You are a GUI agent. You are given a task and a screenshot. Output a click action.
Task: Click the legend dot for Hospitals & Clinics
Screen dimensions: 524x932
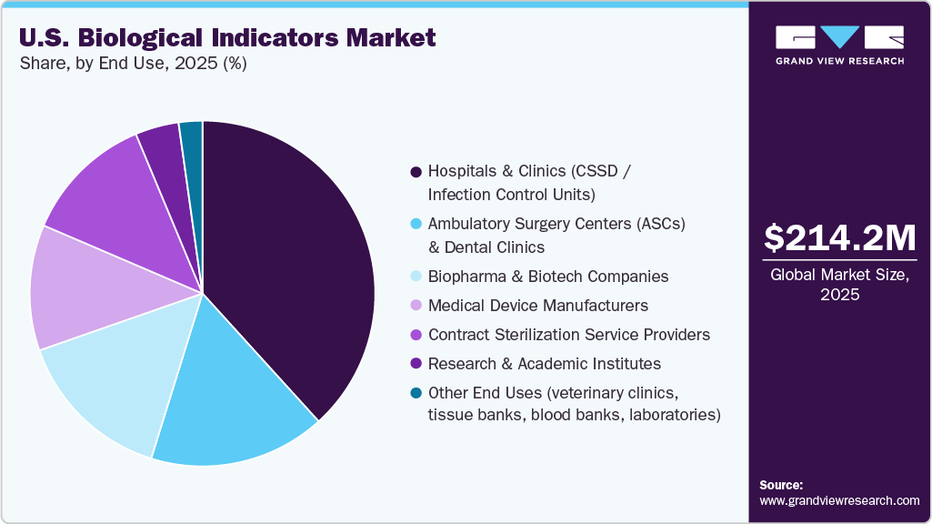(x=416, y=171)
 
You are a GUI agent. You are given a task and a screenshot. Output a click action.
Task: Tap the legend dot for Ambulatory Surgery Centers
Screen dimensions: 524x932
(x=416, y=224)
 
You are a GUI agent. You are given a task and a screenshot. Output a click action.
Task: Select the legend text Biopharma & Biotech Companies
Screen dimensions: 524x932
(x=548, y=277)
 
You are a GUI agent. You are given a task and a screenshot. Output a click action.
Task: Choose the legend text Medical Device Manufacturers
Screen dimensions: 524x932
(x=538, y=306)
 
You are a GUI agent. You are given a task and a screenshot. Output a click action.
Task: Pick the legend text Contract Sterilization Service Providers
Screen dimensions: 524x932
(x=569, y=335)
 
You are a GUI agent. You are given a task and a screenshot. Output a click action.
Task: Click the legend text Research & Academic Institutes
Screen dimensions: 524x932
(x=545, y=364)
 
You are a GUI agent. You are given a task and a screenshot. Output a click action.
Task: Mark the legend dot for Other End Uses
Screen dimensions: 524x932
(x=416, y=393)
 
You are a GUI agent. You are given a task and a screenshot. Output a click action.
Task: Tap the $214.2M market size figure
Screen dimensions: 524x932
(x=839, y=237)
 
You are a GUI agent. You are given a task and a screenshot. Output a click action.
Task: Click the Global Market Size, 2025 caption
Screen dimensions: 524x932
(x=839, y=285)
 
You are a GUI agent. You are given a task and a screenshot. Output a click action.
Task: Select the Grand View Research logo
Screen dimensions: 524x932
(x=839, y=45)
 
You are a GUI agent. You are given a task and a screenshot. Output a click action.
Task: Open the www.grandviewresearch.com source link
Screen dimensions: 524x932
(x=839, y=500)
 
